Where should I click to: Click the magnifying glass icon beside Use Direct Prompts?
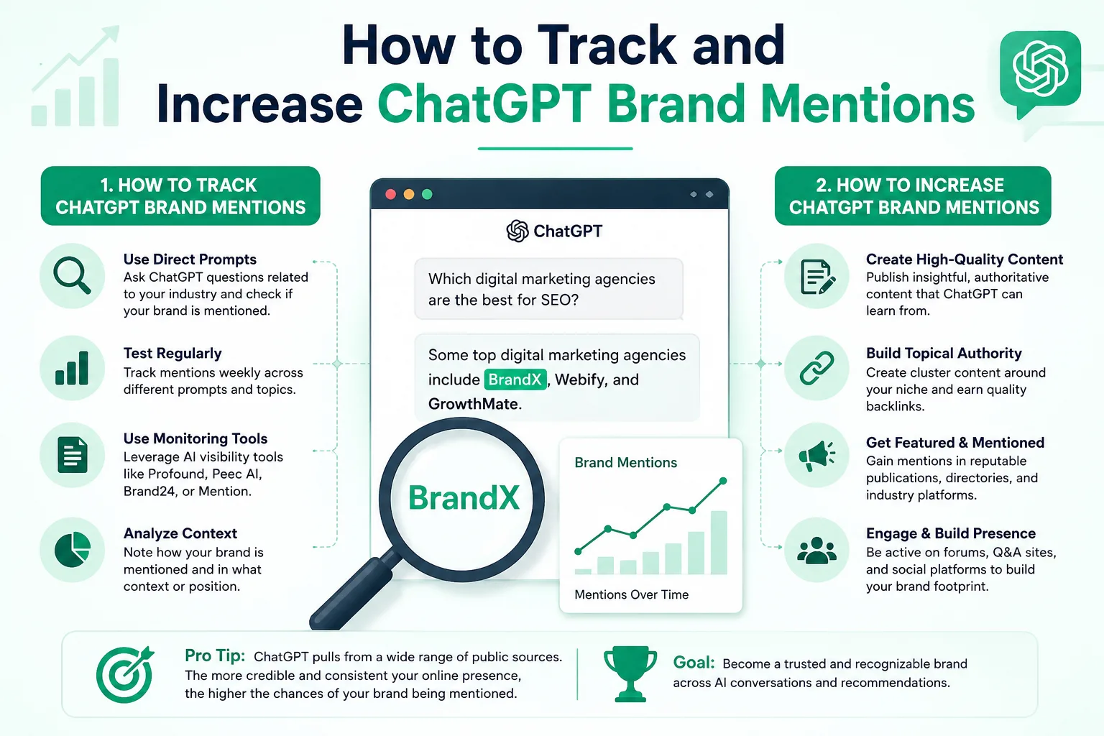pyautogui.click(x=72, y=275)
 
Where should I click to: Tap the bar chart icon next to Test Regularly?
pyautogui.click(x=72, y=368)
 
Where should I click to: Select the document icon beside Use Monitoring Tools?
pyautogui.click(x=73, y=454)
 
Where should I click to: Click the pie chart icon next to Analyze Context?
pyautogui.click(x=73, y=550)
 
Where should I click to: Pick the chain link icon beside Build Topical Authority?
pyautogui.click(x=816, y=368)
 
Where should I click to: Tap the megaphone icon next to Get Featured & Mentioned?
pyautogui.click(x=816, y=455)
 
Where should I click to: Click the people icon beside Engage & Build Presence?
pyautogui.click(x=816, y=550)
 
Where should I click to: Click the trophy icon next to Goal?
pyautogui.click(x=630, y=673)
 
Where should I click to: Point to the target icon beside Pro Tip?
pyautogui.click(x=124, y=674)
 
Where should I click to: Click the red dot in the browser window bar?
pyautogui.click(x=391, y=194)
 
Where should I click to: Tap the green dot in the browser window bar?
pyautogui.click(x=428, y=194)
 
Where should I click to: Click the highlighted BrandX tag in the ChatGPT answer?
pyautogui.click(x=515, y=379)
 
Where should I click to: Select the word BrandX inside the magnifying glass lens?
pyautogui.click(x=464, y=497)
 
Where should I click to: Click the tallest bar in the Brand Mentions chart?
pyautogui.click(x=719, y=543)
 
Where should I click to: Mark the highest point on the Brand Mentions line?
pyautogui.click(x=723, y=481)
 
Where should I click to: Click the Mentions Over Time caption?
pyautogui.click(x=631, y=594)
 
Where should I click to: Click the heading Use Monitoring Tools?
pyautogui.click(x=195, y=438)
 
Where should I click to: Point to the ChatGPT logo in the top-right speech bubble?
pyautogui.click(x=1041, y=68)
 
